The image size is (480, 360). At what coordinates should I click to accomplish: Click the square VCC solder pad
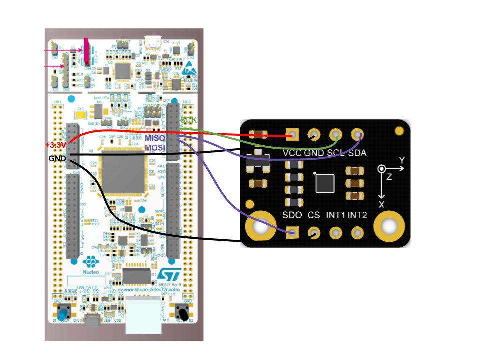292,134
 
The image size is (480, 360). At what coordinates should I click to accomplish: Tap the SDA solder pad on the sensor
357,134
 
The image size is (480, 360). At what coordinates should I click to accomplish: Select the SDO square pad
292,232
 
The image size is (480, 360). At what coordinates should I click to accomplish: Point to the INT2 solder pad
357,232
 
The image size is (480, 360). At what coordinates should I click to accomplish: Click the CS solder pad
314,232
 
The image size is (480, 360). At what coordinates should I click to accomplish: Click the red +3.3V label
55,145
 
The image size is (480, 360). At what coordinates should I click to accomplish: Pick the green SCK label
188,120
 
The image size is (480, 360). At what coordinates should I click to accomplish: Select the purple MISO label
155,138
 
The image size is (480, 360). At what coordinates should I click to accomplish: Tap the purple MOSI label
155,147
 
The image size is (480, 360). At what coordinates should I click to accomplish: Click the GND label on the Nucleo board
57,159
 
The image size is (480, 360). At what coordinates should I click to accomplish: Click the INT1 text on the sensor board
336,215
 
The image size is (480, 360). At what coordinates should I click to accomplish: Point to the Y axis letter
402,160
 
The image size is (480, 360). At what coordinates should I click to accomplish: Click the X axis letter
382,204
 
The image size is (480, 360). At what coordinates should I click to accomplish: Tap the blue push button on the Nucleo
63,314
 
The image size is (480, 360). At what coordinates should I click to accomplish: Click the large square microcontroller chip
123,172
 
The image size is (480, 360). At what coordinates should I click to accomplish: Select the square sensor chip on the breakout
325,183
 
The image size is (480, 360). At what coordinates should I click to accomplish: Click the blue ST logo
165,276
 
